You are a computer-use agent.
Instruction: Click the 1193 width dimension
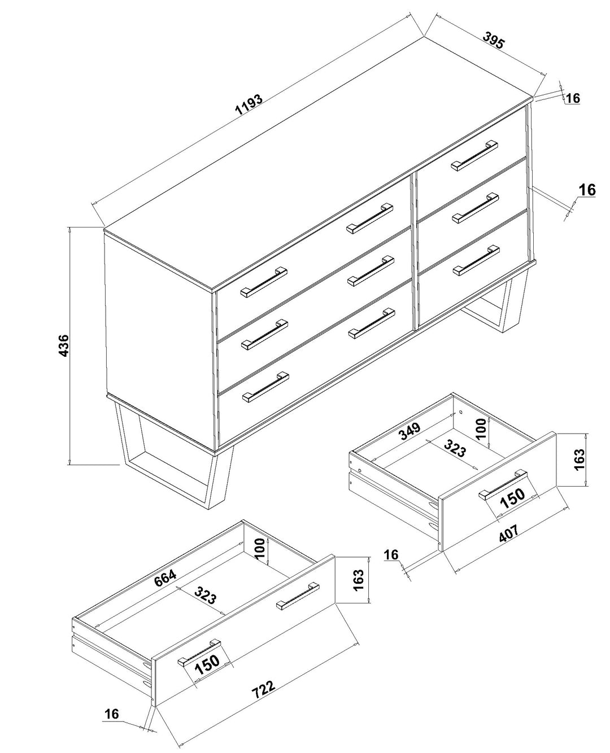tap(249, 105)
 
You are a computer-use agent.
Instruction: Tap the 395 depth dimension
tap(493, 41)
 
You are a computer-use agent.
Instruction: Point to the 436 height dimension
tap(63, 345)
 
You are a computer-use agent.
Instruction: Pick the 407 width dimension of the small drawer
tap(508, 533)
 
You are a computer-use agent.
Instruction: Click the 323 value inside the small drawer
tap(454, 449)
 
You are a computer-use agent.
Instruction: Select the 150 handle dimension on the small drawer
tap(512, 498)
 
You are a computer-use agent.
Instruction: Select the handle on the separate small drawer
tap(503, 484)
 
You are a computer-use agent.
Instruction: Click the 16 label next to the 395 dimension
tap(573, 98)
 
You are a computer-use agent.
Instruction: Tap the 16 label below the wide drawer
tap(112, 714)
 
